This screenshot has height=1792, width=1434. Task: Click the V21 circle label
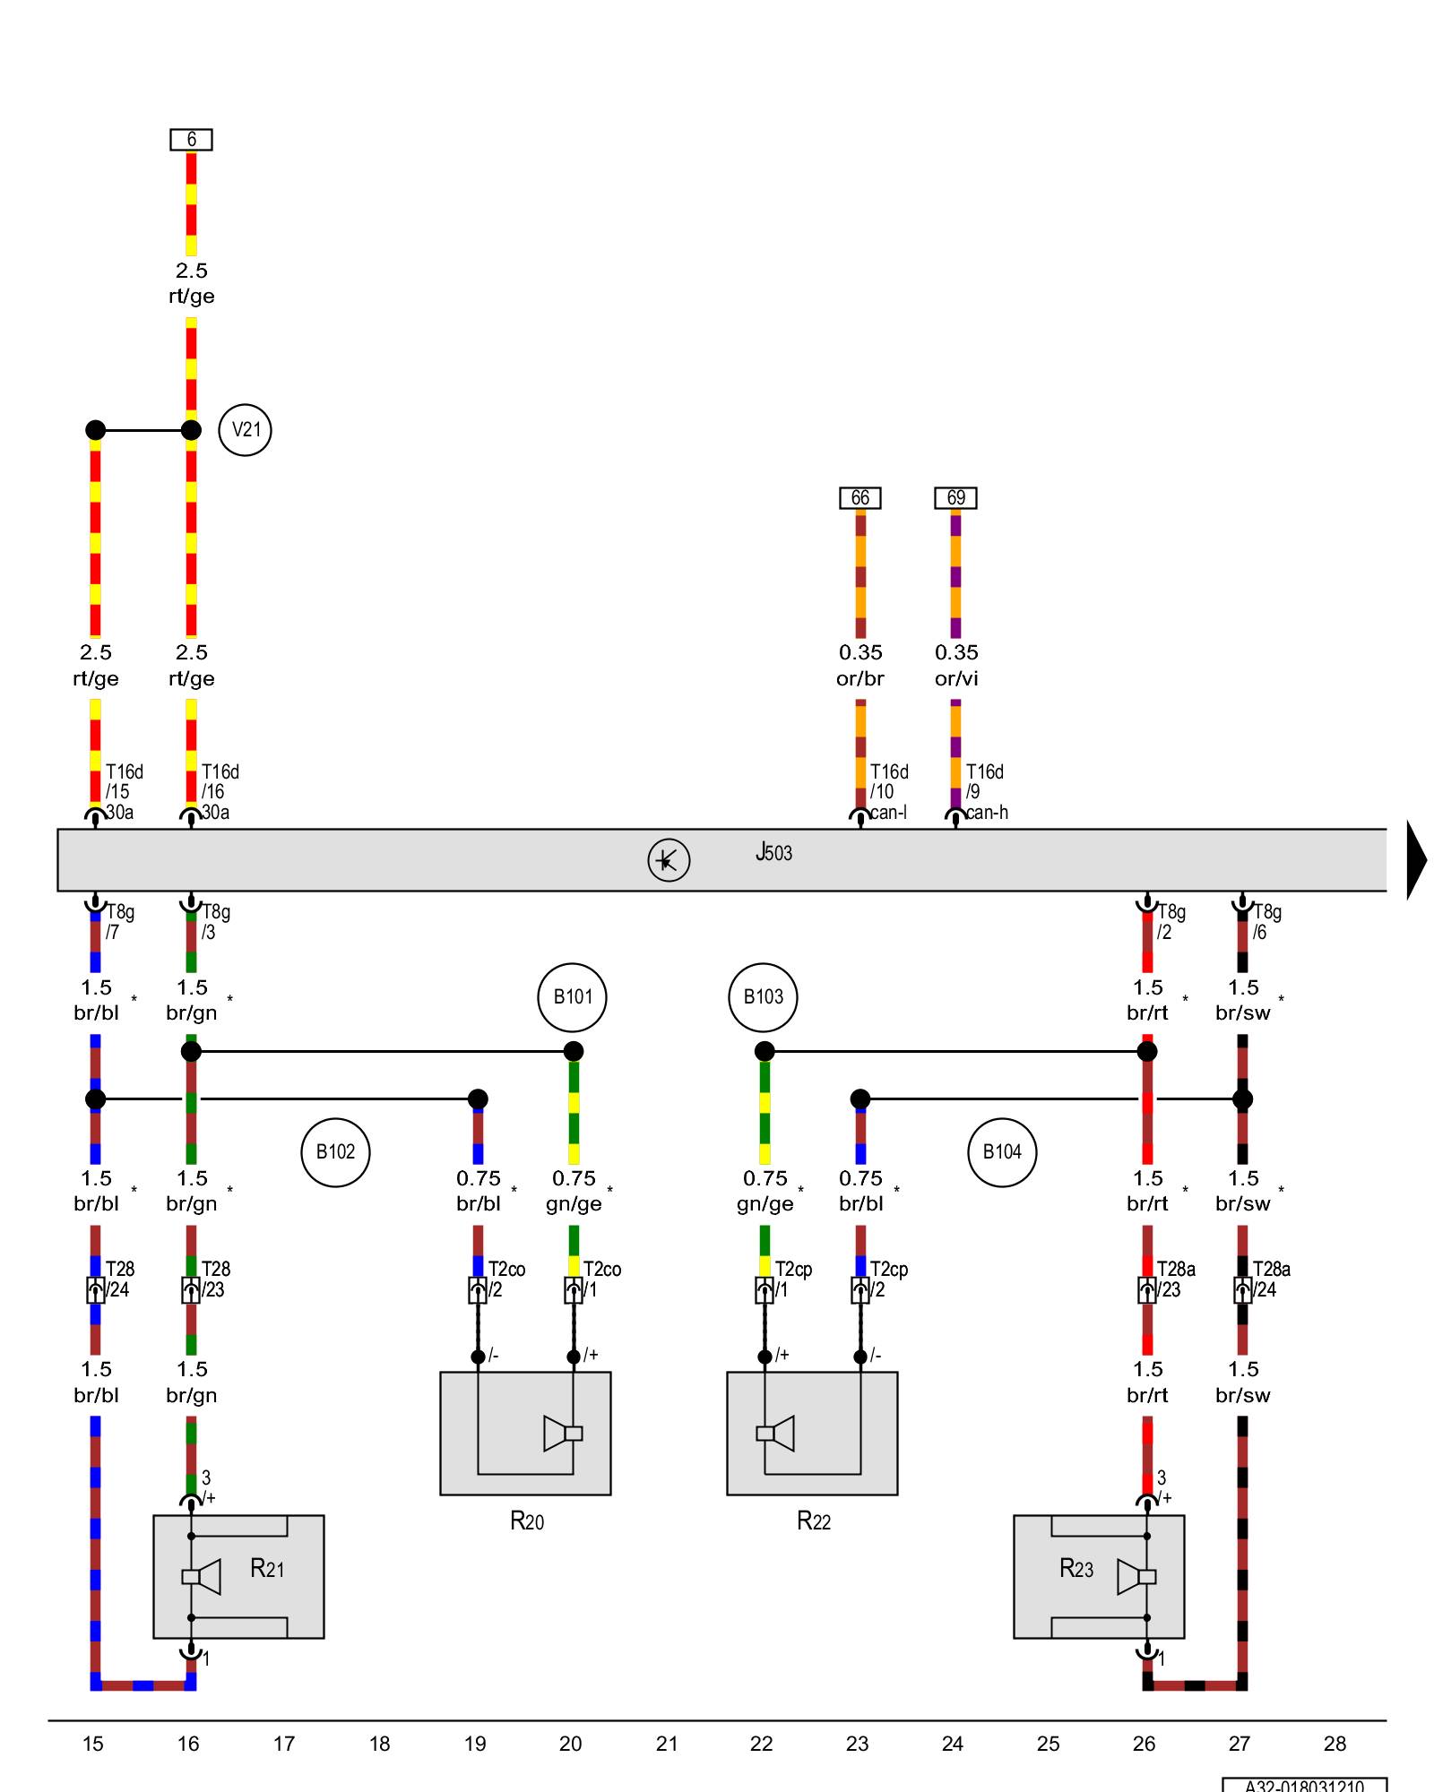245,430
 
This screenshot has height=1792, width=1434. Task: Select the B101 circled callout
572,996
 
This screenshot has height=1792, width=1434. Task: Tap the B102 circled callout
335,1151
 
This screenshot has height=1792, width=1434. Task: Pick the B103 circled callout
763,996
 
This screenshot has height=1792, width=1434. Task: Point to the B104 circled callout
1002,1151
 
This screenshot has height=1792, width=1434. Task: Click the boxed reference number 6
191,140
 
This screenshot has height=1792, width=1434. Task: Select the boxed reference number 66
860,498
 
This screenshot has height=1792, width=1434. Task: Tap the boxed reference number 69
955,498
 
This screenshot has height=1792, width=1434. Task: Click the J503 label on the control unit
773,852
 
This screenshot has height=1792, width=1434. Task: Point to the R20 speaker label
527,1521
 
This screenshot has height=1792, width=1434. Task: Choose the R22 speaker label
814,1521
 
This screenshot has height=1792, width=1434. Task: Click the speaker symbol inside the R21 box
203,1577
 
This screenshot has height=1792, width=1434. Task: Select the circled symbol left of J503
669,860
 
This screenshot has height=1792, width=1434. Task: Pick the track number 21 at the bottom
666,1744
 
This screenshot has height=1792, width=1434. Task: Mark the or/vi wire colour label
955,678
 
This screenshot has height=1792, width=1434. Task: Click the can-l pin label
889,813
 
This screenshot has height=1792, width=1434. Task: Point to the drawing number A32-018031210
1304,1785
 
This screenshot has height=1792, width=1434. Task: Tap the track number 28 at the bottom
1335,1744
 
